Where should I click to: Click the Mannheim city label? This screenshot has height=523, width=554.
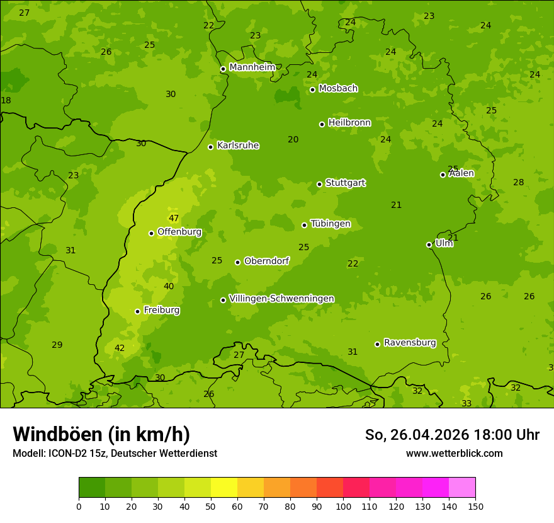tap(252, 67)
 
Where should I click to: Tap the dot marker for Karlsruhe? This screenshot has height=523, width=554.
tap(211, 147)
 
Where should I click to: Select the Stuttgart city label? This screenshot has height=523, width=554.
tap(345, 183)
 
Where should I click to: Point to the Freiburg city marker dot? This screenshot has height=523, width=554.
tap(137, 311)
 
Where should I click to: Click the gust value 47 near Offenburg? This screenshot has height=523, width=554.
tap(174, 219)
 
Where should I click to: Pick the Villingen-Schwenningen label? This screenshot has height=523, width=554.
tap(281, 299)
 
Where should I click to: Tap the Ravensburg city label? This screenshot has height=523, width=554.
tap(410, 343)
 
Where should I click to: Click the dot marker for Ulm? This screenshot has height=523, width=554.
tap(429, 244)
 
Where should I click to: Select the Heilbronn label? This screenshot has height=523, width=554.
tap(349, 123)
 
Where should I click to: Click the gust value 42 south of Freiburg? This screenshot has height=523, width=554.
tap(120, 348)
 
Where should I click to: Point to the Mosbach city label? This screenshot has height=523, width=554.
tap(338, 89)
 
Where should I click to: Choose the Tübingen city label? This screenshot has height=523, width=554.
tap(331, 224)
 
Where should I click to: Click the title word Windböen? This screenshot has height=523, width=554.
tap(57, 434)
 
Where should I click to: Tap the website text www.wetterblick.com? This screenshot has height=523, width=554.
tap(454, 453)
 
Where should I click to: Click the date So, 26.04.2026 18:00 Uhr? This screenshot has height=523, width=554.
tap(452, 435)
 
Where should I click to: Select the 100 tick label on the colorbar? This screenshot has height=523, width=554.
tap(343, 506)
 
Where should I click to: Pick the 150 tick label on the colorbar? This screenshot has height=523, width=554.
tap(475, 506)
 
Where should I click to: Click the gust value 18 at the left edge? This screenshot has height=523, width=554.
tap(6, 101)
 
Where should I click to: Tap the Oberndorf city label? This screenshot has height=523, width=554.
tap(267, 261)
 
